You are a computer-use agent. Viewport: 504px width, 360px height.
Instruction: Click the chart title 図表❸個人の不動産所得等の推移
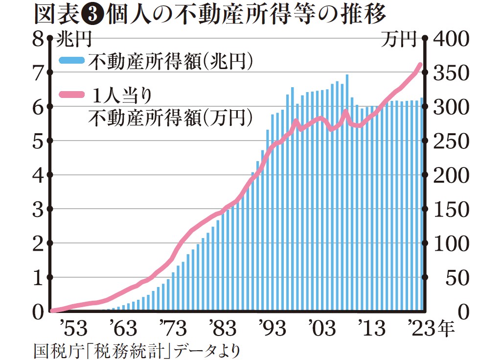pos(210,15)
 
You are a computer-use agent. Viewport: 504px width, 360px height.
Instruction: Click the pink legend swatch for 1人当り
pos(72,94)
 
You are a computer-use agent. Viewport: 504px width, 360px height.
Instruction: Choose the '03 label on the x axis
pos(317,328)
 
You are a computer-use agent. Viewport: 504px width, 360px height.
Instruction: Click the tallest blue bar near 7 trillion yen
pos(347,196)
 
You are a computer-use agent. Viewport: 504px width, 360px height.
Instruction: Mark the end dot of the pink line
pos(420,65)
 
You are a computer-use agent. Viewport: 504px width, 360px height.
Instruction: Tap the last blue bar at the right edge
pos(421,206)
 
